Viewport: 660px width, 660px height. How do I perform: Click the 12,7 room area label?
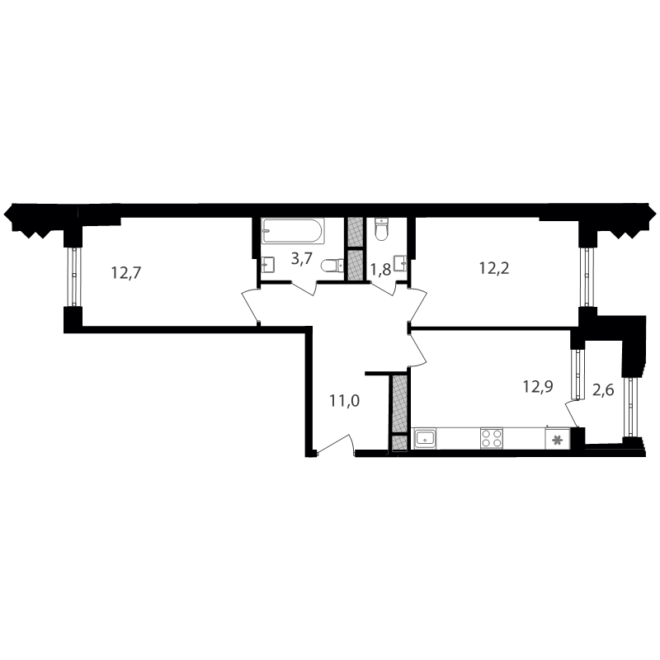pos(126,273)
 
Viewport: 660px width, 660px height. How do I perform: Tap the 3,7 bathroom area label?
pos(302,258)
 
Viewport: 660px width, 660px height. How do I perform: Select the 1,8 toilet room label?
pos(380,270)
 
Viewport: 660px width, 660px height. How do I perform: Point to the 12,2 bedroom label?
pos(494,267)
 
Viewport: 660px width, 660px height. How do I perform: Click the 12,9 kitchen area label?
pos(538,385)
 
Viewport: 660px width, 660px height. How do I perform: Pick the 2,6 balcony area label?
pos(603,390)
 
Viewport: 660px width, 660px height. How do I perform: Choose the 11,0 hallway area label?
pos(344,401)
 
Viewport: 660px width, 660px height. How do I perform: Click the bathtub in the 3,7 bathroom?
pos(293,231)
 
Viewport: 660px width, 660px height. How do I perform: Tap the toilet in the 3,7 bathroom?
pos(333,266)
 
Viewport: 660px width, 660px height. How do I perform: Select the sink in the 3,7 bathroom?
pos(268,265)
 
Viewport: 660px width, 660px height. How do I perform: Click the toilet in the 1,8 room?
pos(381,229)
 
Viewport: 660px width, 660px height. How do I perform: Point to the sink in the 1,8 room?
pos(401,264)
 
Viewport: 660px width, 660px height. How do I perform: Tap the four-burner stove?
pos(491,439)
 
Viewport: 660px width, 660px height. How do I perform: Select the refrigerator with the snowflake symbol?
pos(558,439)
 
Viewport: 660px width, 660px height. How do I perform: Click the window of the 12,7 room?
pos(74,276)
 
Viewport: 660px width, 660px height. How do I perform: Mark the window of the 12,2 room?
pos(586,276)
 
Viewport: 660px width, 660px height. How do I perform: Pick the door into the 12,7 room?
pos(251,305)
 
